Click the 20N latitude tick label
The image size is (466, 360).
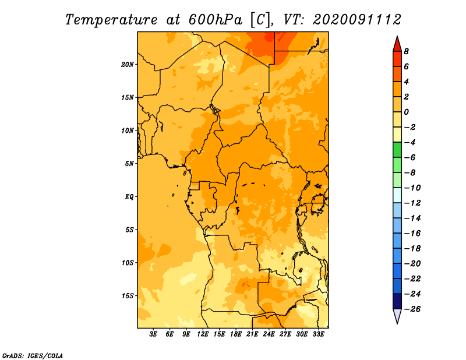tap(128, 65)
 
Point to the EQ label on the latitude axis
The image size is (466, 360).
tap(129, 197)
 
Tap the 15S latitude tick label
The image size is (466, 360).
tap(128, 296)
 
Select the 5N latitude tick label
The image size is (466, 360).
tap(129, 164)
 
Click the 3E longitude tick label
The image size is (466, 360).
tap(153, 334)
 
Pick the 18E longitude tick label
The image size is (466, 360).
tap(236, 334)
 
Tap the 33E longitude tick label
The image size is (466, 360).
tap(318, 334)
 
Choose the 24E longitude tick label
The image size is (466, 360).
tap(269, 334)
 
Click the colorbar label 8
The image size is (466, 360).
tap(406, 51)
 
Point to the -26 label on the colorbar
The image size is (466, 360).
tap(412, 309)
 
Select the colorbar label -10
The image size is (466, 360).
tap(412, 188)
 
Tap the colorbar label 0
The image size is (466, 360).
tap(406, 112)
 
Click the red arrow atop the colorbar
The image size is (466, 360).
tap(397, 44)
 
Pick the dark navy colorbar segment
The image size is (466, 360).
tap(397, 301)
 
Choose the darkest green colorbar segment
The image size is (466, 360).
tap(397, 150)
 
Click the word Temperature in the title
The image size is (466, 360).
tap(111, 20)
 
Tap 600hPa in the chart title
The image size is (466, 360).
tap(216, 20)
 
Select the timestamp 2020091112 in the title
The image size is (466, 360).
tap(357, 20)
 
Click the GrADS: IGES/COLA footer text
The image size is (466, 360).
tap(33, 356)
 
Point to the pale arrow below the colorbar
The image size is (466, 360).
tap(397, 316)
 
